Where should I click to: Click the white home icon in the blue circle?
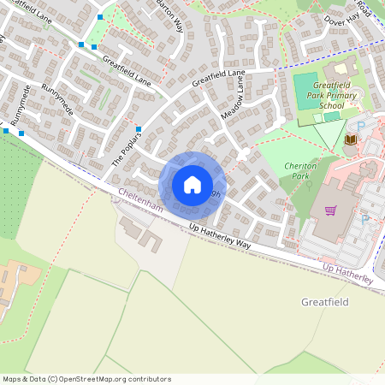(x=192, y=185)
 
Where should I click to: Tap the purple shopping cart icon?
(x=330, y=210)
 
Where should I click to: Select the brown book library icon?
(x=349, y=139)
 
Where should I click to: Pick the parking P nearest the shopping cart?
(x=365, y=219)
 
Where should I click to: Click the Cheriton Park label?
(x=299, y=169)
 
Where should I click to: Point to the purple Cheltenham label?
(x=139, y=204)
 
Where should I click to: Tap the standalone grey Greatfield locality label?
(x=326, y=302)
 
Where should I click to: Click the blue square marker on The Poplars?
(x=138, y=130)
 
